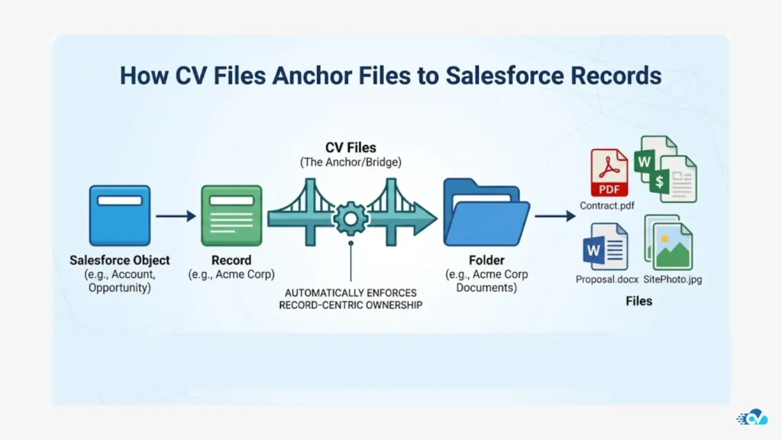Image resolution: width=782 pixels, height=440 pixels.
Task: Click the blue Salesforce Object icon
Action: [x=120, y=215]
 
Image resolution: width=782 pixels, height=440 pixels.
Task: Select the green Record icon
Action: [x=226, y=215]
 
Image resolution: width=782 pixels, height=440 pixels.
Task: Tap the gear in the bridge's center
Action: [x=351, y=219]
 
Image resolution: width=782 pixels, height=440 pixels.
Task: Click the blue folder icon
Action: [x=486, y=213]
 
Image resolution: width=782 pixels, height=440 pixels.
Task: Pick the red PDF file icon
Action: [x=609, y=173]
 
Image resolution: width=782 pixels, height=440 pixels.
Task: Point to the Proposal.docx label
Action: [x=607, y=280]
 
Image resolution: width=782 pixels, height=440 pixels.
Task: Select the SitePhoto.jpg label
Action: [x=672, y=280]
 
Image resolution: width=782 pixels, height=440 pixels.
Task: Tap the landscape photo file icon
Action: [x=670, y=243]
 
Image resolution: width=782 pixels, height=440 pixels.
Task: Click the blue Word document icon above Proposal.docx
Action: [x=605, y=247]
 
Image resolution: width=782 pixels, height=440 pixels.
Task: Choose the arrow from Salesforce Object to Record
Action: [x=176, y=217]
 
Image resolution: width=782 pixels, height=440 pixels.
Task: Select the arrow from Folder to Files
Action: [x=554, y=216]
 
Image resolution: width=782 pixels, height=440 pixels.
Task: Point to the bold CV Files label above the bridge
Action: [x=351, y=147]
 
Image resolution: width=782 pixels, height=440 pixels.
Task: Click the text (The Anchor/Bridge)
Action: [x=351, y=162]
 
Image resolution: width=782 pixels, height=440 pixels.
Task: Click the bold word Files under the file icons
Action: [x=639, y=301]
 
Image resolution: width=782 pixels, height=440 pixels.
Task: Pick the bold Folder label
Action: [x=486, y=260]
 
